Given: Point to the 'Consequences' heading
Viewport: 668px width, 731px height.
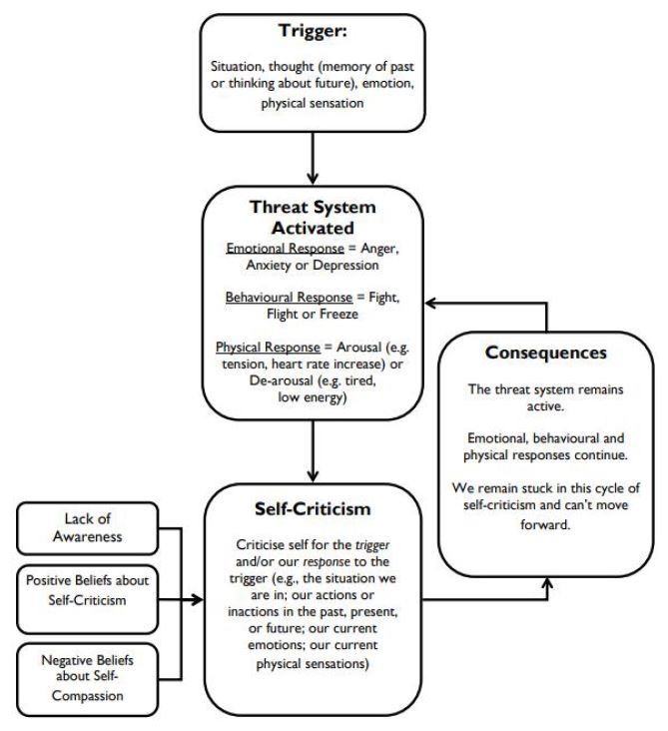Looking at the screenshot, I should coord(548,353).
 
